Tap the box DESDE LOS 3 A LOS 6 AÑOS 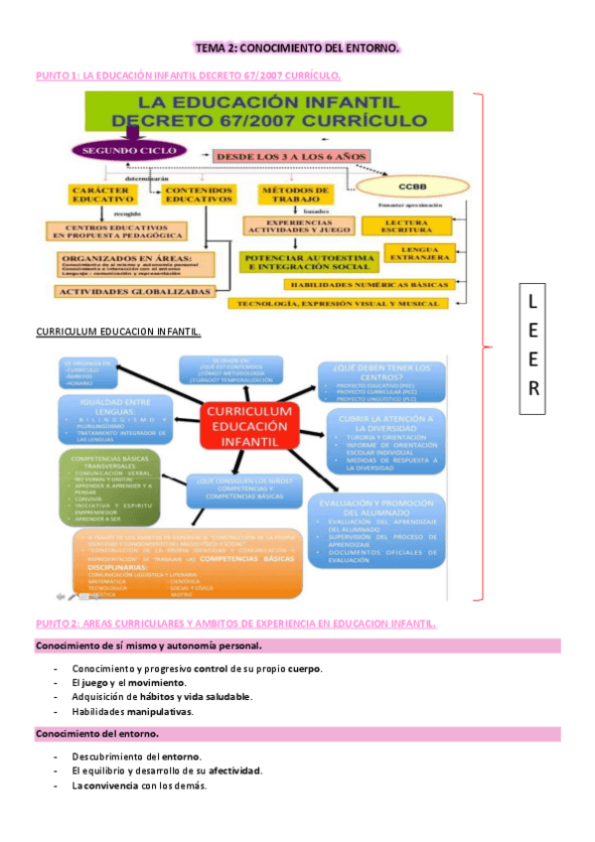(289, 157)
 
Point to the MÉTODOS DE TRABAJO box (294, 195)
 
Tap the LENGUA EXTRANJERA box (421, 255)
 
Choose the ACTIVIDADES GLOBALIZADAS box (135, 291)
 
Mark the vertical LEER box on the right (532, 345)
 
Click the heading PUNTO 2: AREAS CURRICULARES (235, 623)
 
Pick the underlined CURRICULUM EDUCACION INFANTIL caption (118, 331)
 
